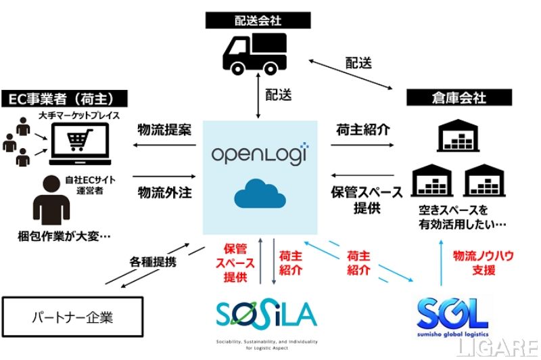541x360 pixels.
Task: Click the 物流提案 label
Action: click(164, 131)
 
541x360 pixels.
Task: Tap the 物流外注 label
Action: click(164, 192)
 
